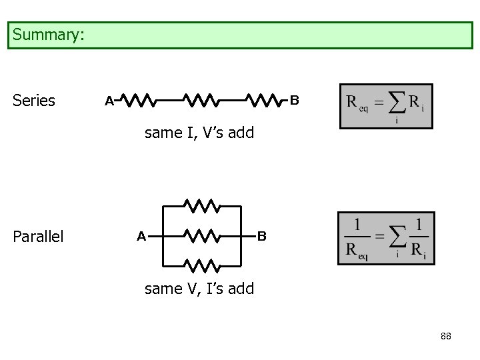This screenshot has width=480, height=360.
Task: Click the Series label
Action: tap(34, 101)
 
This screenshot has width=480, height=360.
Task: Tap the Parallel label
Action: tap(39, 237)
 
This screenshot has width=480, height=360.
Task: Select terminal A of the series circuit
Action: tap(109, 101)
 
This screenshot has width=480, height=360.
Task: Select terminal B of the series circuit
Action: tap(294, 101)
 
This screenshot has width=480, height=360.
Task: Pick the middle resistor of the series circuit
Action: tap(201, 101)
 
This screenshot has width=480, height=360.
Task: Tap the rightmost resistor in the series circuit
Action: tap(265, 101)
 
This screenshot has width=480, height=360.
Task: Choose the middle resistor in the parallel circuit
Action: tap(203, 235)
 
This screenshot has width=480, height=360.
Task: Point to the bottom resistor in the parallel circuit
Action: tap(203, 266)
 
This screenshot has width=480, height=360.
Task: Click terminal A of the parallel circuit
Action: tap(141, 236)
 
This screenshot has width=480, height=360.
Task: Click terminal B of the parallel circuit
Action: tap(262, 236)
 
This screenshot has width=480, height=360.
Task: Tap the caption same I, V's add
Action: tap(199, 133)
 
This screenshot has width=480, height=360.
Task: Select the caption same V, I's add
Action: tap(199, 289)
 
